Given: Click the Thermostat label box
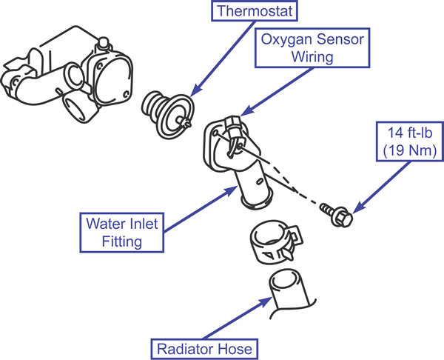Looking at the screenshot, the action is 255,11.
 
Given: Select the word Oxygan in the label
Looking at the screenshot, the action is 286,40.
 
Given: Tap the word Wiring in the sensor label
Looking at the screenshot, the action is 312,57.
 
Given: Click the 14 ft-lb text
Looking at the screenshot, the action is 410,133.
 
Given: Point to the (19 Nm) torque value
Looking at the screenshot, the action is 410,150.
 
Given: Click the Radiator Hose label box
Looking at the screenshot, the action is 204,349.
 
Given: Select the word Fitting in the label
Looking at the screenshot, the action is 122,241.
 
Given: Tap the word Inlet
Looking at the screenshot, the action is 142,224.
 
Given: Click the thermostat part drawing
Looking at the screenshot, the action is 168,115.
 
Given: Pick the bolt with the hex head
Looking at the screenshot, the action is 337,215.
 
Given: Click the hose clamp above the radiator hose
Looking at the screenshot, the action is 276,241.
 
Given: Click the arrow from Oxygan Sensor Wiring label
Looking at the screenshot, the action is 278,91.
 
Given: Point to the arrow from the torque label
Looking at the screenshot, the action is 382,187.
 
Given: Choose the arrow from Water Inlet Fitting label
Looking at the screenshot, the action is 201,209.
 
